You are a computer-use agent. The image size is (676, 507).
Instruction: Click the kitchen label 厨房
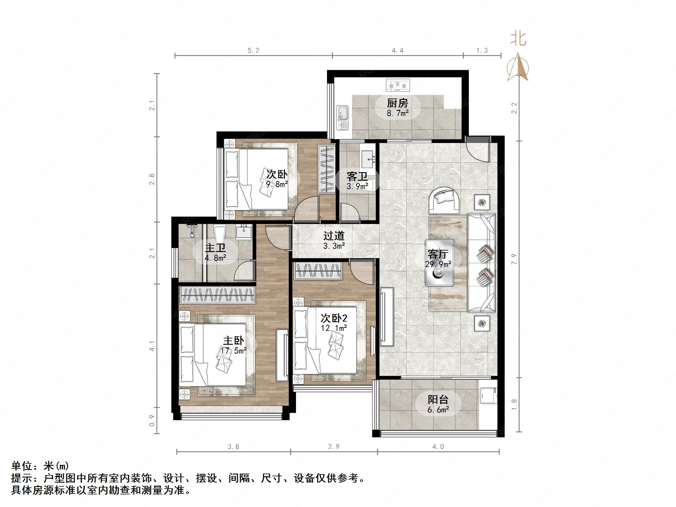pyautogui.click(x=397, y=103)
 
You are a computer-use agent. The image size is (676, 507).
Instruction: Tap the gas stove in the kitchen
pyautogui.click(x=397, y=85)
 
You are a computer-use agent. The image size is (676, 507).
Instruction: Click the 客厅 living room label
pyautogui.click(x=438, y=254)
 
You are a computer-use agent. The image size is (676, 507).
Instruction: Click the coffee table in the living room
pyautogui.click(x=439, y=263)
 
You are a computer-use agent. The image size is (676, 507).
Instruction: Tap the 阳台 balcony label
pyautogui.click(x=438, y=400)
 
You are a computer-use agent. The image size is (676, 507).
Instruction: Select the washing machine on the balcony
pyautogui.click(x=488, y=397)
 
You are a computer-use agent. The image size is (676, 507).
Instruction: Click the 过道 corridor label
pyautogui.click(x=334, y=236)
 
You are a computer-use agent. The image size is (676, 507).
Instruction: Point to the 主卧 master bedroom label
pyautogui.click(x=233, y=341)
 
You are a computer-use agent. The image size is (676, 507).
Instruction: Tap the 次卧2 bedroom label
pyautogui.click(x=334, y=319)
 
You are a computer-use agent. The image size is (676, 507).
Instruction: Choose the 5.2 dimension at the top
pyautogui.click(x=253, y=50)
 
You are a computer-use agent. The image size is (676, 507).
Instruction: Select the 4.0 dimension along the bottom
pyautogui.click(x=438, y=447)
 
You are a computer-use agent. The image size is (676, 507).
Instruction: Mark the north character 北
pyautogui.click(x=518, y=39)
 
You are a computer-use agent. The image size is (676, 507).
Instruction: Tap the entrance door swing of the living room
pyautogui.click(x=478, y=151)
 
